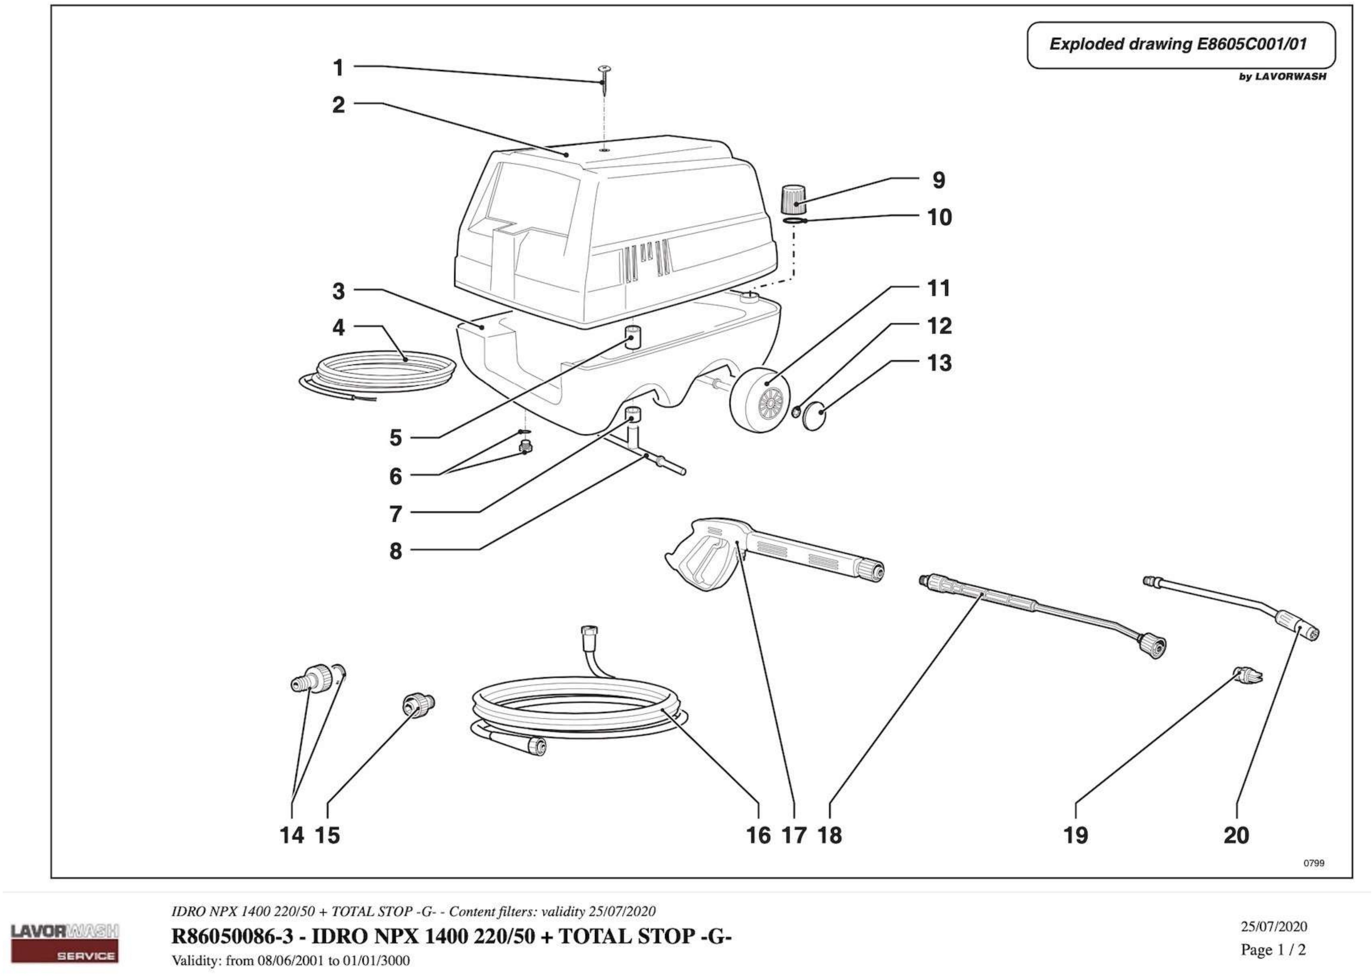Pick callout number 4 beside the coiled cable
tap(339, 328)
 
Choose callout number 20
tap(1236, 835)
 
